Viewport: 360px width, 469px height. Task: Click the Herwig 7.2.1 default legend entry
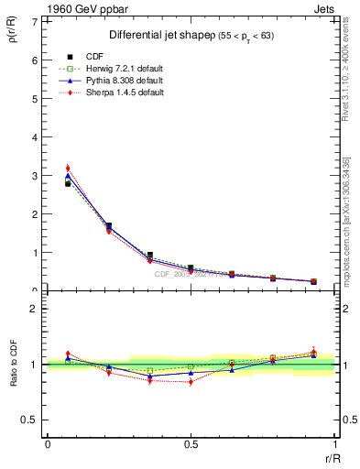122,69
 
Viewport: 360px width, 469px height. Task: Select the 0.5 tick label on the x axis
191,442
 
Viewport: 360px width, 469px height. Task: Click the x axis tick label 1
335,442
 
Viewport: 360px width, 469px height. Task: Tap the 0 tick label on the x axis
48,442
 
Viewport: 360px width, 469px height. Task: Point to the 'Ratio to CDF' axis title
13,365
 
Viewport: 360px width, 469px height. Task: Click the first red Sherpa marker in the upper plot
68,169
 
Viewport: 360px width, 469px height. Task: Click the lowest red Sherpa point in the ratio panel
191,381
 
